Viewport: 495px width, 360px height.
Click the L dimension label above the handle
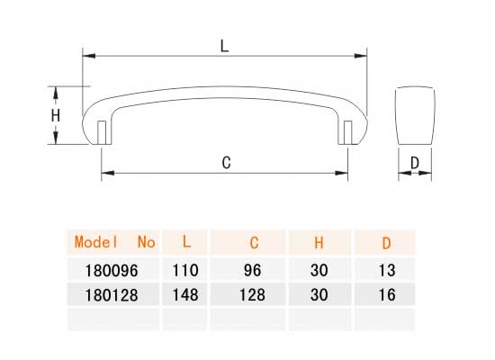(x=224, y=46)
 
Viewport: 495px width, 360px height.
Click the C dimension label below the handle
(x=226, y=163)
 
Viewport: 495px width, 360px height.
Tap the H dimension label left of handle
(x=56, y=116)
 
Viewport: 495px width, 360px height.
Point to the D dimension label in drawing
(x=415, y=163)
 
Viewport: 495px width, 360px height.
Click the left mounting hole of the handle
(x=102, y=132)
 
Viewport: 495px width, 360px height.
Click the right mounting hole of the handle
(x=347, y=132)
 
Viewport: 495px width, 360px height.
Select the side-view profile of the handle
(x=415, y=115)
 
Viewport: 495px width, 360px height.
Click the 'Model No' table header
(x=114, y=242)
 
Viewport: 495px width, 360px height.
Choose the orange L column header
(x=186, y=242)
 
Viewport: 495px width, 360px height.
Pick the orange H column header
(x=319, y=243)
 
